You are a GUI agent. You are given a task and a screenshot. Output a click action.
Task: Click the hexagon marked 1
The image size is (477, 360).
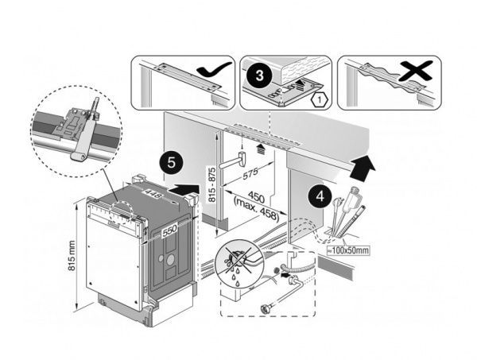(318, 100)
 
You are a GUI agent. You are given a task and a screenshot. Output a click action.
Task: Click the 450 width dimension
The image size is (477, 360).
(256, 195)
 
